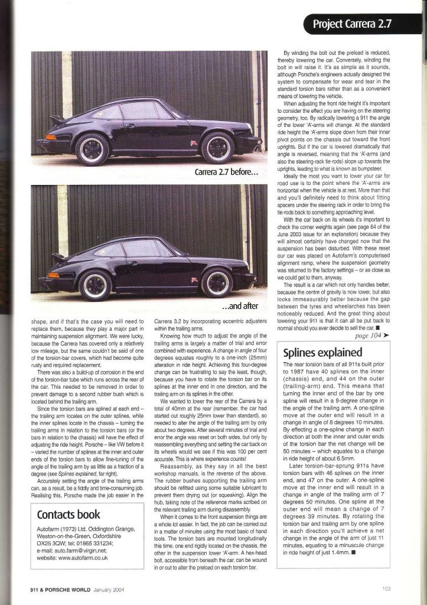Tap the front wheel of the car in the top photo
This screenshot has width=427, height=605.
pos(217,147)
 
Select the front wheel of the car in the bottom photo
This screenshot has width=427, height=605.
pos(216,282)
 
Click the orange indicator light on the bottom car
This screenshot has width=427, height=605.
pos(53,275)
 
